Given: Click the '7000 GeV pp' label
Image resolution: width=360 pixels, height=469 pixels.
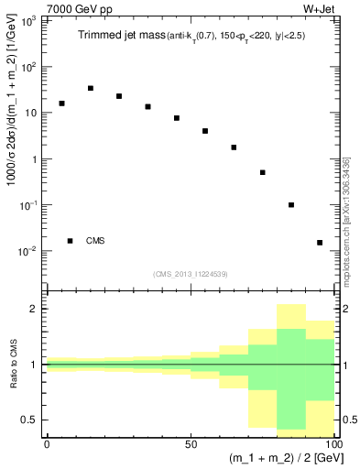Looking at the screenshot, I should pyautogui.click(x=71, y=8).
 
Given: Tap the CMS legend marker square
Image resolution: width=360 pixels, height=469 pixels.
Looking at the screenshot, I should pyautogui.click(x=71, y=241).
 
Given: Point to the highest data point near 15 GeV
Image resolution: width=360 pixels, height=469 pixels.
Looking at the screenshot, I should pyautogui.click(x=91, y=88).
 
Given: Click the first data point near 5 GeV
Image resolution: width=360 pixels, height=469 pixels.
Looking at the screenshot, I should pyautogui.click(x=61, y=104).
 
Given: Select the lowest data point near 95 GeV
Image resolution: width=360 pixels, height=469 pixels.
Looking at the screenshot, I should pyautogui.click(x=320, y=243).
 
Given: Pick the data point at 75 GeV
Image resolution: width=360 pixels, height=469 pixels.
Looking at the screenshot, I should pyautogui.click(x=263, y=172).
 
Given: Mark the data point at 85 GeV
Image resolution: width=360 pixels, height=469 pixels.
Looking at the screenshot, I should pyautogui.click(x=291, y=205).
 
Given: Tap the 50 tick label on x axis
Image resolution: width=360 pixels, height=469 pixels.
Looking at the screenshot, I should pyautogui.click(x=191, y=442).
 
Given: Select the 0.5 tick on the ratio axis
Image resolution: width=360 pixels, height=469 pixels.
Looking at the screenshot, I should pyautogui.click(x=35, y=420).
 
